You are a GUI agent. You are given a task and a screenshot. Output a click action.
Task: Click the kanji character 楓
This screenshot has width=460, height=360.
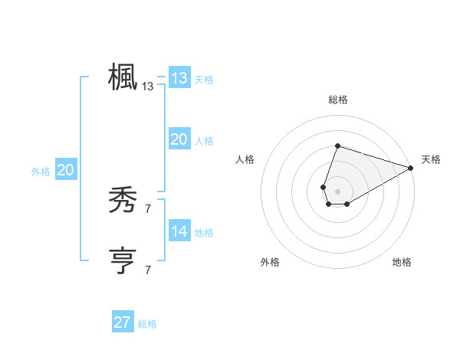123,77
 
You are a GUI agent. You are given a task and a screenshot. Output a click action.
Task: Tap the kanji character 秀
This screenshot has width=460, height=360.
123,201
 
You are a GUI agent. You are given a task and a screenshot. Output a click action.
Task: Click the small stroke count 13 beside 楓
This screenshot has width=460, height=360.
148,87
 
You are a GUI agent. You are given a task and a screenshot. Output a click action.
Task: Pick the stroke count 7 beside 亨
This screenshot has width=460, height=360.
148,270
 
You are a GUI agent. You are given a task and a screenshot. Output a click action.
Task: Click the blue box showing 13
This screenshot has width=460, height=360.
179,78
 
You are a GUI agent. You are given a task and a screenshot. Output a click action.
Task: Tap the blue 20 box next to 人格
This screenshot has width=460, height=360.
179,139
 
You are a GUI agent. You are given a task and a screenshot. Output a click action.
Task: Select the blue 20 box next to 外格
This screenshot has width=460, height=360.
65,171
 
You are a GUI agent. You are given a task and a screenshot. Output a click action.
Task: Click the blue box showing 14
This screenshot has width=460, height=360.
179,231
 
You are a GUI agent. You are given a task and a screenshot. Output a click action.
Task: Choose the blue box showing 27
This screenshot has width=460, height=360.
123,322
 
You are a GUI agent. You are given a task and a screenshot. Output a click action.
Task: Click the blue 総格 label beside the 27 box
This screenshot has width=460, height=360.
147,324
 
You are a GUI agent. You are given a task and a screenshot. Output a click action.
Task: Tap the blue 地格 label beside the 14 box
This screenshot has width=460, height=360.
204,233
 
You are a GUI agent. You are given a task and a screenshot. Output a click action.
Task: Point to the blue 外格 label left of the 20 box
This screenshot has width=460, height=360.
41,172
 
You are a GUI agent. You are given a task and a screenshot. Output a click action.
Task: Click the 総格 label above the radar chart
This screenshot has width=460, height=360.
337,100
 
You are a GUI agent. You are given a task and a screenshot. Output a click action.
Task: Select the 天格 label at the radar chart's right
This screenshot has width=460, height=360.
431,159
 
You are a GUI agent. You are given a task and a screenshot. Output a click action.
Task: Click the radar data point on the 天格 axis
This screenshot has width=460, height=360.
411,168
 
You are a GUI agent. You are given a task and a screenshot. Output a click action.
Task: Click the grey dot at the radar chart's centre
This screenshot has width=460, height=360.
337,190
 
